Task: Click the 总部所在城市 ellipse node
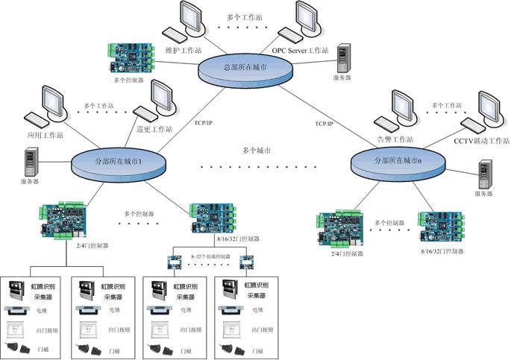coord(244,67)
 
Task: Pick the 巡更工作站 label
coord(155,129)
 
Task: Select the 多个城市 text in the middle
coord(257,151)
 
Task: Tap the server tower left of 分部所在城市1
coord(31,162)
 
